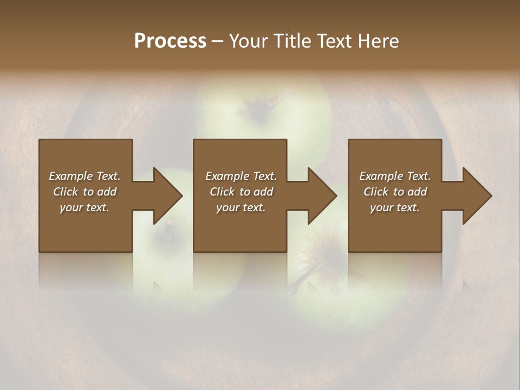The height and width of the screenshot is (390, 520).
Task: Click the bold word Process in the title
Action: [170, 41]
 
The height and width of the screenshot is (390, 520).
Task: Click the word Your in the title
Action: [248, 41]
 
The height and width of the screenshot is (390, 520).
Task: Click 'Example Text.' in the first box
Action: [84, 176]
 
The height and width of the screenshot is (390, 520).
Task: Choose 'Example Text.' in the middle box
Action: [241, 176]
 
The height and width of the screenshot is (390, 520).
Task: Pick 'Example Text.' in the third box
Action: [395, 176]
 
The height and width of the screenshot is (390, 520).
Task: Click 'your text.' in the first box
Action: [84, 207]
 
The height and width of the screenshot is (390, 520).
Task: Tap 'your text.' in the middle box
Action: [241, 207]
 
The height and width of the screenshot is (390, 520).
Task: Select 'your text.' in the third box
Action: [395, 207]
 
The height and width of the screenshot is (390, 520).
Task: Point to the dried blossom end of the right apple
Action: [328, 249]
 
